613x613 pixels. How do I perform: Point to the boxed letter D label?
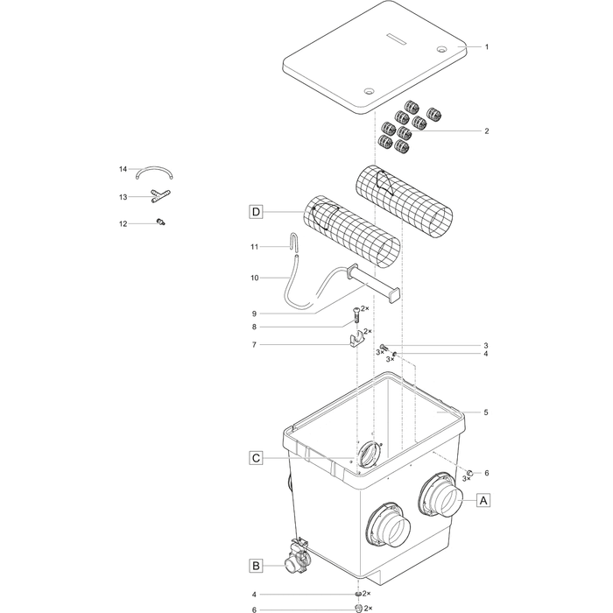coord(255,211)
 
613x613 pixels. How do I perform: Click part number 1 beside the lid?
coord(486,46)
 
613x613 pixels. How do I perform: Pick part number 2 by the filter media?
coord(486,131)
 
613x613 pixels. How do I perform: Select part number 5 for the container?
coord(486,412)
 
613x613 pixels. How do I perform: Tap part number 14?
coord(123,168)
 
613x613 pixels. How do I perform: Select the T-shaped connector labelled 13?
coord(159,196)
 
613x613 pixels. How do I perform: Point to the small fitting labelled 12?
coord(160,222)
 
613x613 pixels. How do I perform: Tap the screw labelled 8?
coord(356,313)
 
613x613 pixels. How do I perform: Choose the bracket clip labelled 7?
coord(356,341)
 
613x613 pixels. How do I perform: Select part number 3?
coord(486,346)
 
